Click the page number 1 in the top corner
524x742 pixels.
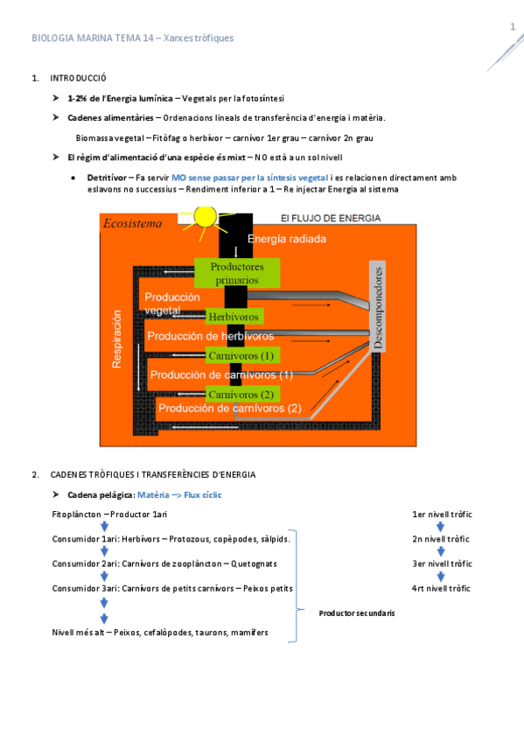coord(513,27)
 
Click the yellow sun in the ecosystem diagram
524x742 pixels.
coord(205,217)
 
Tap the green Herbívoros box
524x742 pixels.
coord(234,316)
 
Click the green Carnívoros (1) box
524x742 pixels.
coord(241,355)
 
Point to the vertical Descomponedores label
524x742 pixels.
coord(379,307)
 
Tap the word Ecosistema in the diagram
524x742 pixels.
coord(133,223)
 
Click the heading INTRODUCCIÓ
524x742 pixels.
coord(78,79)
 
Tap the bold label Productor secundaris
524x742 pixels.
coord(356,613)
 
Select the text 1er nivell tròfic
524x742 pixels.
coord(441,514)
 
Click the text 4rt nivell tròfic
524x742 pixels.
coord(441,588)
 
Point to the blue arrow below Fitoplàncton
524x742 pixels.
coord(103,527)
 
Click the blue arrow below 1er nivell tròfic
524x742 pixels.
coord(441,527)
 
